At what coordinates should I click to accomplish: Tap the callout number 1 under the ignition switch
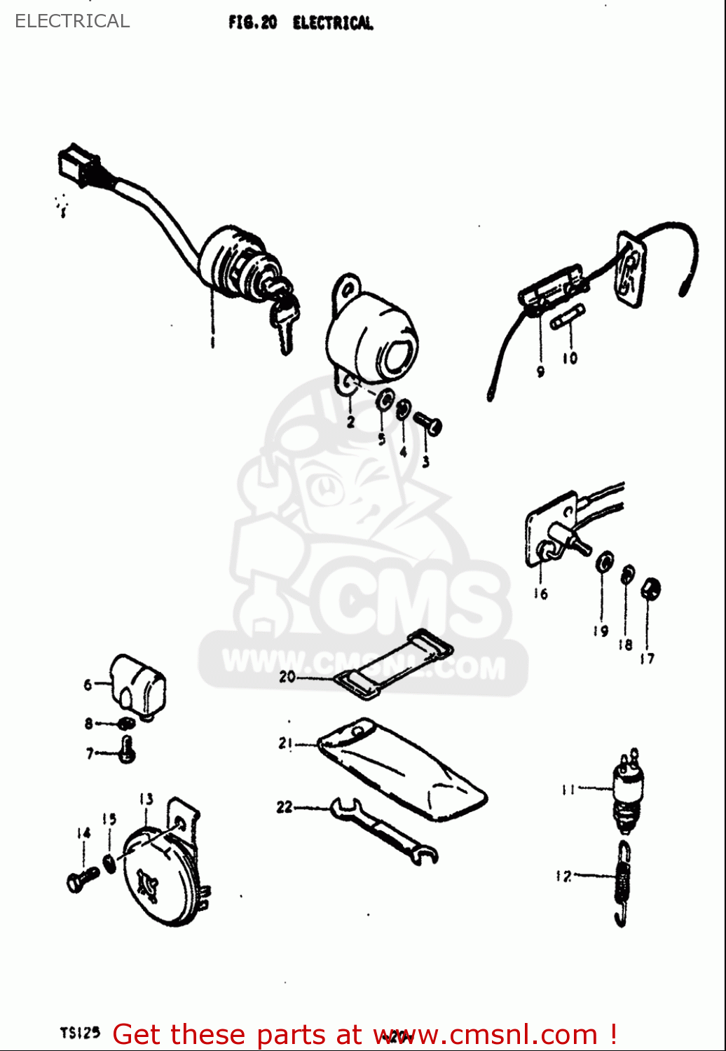coord(212,341)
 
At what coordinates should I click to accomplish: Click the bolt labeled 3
coord(428,423)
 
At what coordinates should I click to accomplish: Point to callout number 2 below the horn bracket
coord(350,421)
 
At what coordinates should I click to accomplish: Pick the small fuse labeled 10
coord(568,317)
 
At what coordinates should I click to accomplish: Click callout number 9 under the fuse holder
coord(540,371)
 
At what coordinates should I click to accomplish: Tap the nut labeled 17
coord(651,589)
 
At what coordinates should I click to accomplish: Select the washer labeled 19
coord(604,562)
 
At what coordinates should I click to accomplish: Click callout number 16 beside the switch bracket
coord(540,593)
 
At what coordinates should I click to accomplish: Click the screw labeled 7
coord(126,750)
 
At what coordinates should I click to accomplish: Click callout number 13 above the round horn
coord(146,799)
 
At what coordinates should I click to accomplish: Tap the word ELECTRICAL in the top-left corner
coord(72,21)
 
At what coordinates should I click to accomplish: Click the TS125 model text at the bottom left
coord(80,1032)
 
